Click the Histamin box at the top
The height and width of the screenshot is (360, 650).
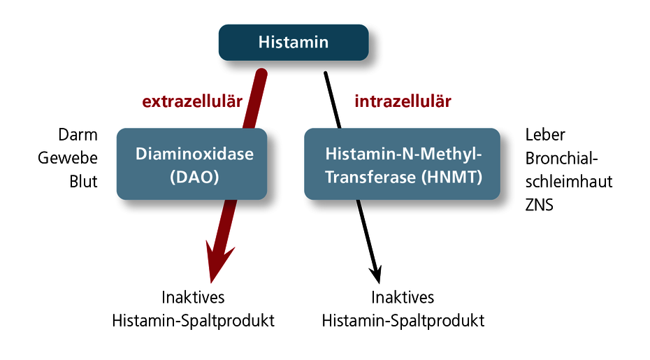[x=294, y=43]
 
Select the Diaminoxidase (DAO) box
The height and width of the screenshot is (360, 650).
[x=192, y=164]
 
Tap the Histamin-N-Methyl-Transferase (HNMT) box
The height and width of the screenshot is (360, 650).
[x=402, y=164]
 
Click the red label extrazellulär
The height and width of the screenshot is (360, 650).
[x=192, y=101]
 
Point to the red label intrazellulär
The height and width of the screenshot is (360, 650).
[x=403, y=101]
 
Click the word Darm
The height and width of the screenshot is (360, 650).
[x=78, y=135]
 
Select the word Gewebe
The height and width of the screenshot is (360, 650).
[x=68, y=158]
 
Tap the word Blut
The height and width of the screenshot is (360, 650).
[x=83, y=182]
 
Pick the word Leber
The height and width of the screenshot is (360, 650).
[x=545, y=135]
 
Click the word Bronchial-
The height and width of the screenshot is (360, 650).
[x=562, y=158]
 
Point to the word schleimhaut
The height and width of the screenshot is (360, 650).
[x=569, y=182]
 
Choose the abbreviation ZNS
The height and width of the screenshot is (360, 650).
[x=540, y=205]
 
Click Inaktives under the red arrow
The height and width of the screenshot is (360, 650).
[x=193, y=297]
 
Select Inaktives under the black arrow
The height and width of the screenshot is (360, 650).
[x=403, y=297]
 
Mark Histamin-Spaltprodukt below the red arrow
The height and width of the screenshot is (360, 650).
[x=193, y=321]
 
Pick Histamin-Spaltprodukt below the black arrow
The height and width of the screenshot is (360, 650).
[x=403, y=321]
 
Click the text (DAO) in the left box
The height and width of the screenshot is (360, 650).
[x=194, y=177]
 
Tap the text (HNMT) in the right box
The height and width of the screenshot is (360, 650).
[x=452, y=177]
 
